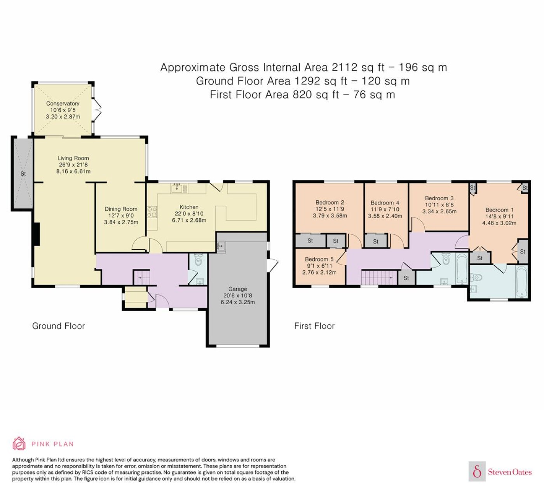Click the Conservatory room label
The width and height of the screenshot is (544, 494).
coord(63,103)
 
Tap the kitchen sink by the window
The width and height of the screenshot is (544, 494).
coord(176,188)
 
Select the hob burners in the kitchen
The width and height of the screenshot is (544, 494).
coord(152,212)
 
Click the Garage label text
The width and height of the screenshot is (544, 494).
coord(237,289)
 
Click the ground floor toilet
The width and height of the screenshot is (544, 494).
coord(198,260)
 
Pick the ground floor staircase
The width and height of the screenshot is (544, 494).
coord(141,277)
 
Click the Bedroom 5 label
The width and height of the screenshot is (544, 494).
coord(319,259)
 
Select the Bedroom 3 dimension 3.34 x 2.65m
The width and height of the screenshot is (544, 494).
coord(439,211)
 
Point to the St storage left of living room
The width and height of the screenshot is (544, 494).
coord(23,173)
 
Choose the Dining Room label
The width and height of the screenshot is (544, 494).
coord(121,209)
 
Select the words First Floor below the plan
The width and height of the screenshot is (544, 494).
coord(314,326)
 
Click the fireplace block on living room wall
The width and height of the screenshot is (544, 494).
coord(37,234)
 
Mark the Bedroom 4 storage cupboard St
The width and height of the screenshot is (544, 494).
coord(376,241)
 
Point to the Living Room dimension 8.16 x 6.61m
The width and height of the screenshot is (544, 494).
coord(73,172)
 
